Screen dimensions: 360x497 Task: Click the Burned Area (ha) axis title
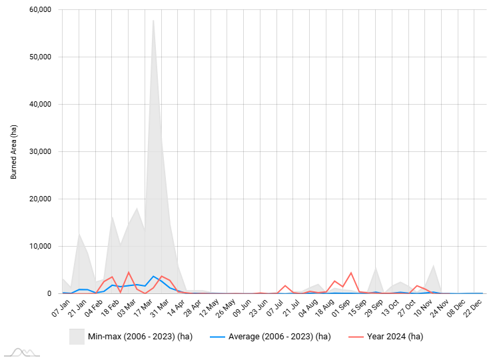pyautogui.click(x=13, y=151)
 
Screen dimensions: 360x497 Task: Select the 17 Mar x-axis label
pyautogui.click(x=137, y=307)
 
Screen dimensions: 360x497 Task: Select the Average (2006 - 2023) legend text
pyautogui.click(x=279, y=337)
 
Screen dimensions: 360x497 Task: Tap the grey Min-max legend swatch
pyautogui.click(x=77, y=337)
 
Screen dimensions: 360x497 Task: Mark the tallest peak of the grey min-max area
pyautogui.click(x=153, y=20)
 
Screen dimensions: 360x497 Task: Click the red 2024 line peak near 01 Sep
pyautogui.click(x=351, y=273)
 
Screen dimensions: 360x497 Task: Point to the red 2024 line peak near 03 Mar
pyautogui.click(x=129, y=272)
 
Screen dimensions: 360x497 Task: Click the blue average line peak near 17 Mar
pyautogui.click(x=153, y=276)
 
